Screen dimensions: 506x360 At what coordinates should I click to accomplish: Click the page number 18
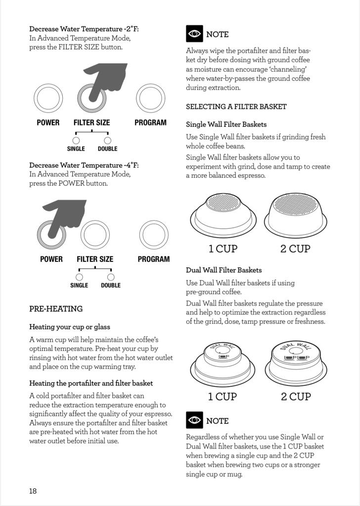tap(33, 491)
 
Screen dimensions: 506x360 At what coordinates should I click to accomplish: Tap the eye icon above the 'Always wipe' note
tap(194, 34)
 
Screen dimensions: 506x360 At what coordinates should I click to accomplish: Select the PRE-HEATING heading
tap(56, 309)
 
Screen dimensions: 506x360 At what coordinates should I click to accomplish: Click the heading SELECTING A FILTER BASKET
tap(236, 106)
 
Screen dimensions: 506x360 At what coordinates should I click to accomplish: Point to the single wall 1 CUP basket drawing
tap(223, 215)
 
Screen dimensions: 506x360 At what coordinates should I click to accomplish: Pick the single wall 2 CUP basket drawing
tap(296, 215)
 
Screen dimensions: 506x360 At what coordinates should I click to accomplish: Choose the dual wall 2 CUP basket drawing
tap(296, 364)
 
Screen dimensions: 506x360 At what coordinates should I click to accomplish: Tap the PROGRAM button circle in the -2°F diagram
tap(151, 98)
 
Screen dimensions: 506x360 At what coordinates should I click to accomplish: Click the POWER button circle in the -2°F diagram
tap(48, 98)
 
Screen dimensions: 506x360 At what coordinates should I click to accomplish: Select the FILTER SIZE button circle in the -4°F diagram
tap(95, 234)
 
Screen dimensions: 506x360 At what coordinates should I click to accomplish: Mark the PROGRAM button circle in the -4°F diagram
tap(154, 234)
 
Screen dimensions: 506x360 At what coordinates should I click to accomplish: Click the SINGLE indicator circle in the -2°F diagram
tap(76, 140)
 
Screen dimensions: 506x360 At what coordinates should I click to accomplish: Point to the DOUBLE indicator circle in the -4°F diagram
tap(111, 277)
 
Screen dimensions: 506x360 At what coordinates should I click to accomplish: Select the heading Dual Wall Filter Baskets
tap(224, 270)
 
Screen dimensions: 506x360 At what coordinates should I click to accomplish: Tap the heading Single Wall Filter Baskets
tap(226, 125)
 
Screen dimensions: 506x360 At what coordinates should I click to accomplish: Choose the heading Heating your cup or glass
tap(70, 327)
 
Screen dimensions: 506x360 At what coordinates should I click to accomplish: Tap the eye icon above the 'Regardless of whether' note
tap(194, 420)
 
